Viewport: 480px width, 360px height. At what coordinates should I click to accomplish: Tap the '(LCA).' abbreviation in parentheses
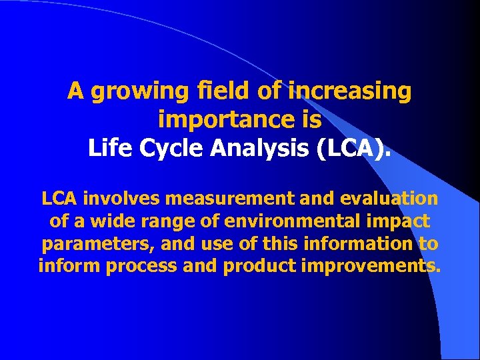tap(354, 148)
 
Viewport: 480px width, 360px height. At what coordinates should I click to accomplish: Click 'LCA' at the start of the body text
tap(59, 199)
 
